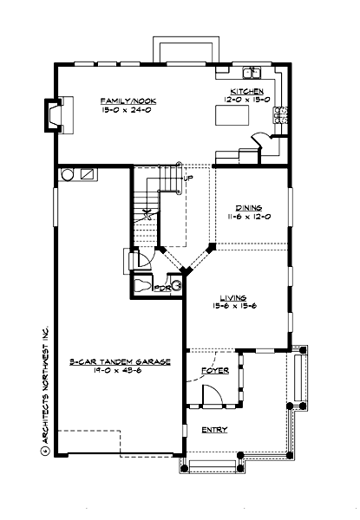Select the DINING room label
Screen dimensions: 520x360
click(x=249, y=207)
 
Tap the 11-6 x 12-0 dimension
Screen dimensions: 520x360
click(x=249, y=217)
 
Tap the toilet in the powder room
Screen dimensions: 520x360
click(x=142, y=283)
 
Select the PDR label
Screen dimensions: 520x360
click(x=161, y=289)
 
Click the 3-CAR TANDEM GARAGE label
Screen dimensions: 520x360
click(x=119, y=361)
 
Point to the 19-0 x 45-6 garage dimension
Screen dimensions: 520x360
click(x=119, y=371)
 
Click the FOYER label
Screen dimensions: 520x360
click(x=214, y=370)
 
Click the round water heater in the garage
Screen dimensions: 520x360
click(x=66, y=174)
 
